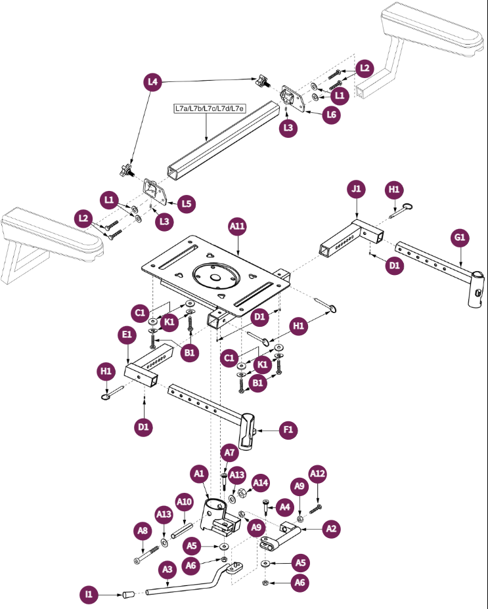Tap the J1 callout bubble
coord(356,190)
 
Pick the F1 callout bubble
coord(288,431)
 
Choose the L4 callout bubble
coord(153,82)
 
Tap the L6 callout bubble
coord(332,114)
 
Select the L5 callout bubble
coord(187,203)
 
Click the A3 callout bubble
coord(167,570)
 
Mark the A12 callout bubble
coord(317,474)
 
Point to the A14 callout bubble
coord(261,483)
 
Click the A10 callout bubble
coord(185,503)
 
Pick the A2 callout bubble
coord(332,528)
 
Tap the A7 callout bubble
coord(229,453)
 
